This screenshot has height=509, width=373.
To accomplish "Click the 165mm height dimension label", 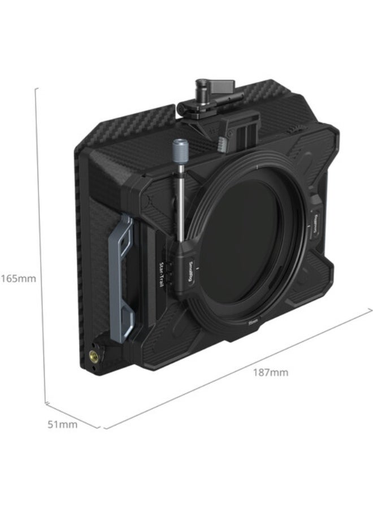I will click(x=18, y=278).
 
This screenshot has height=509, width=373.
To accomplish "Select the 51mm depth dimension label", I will click(x=62, y=424).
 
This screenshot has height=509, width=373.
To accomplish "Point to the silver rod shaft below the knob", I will click(x=177, y=203).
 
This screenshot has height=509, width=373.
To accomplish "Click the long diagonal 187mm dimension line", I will click(x=237, y=367).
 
